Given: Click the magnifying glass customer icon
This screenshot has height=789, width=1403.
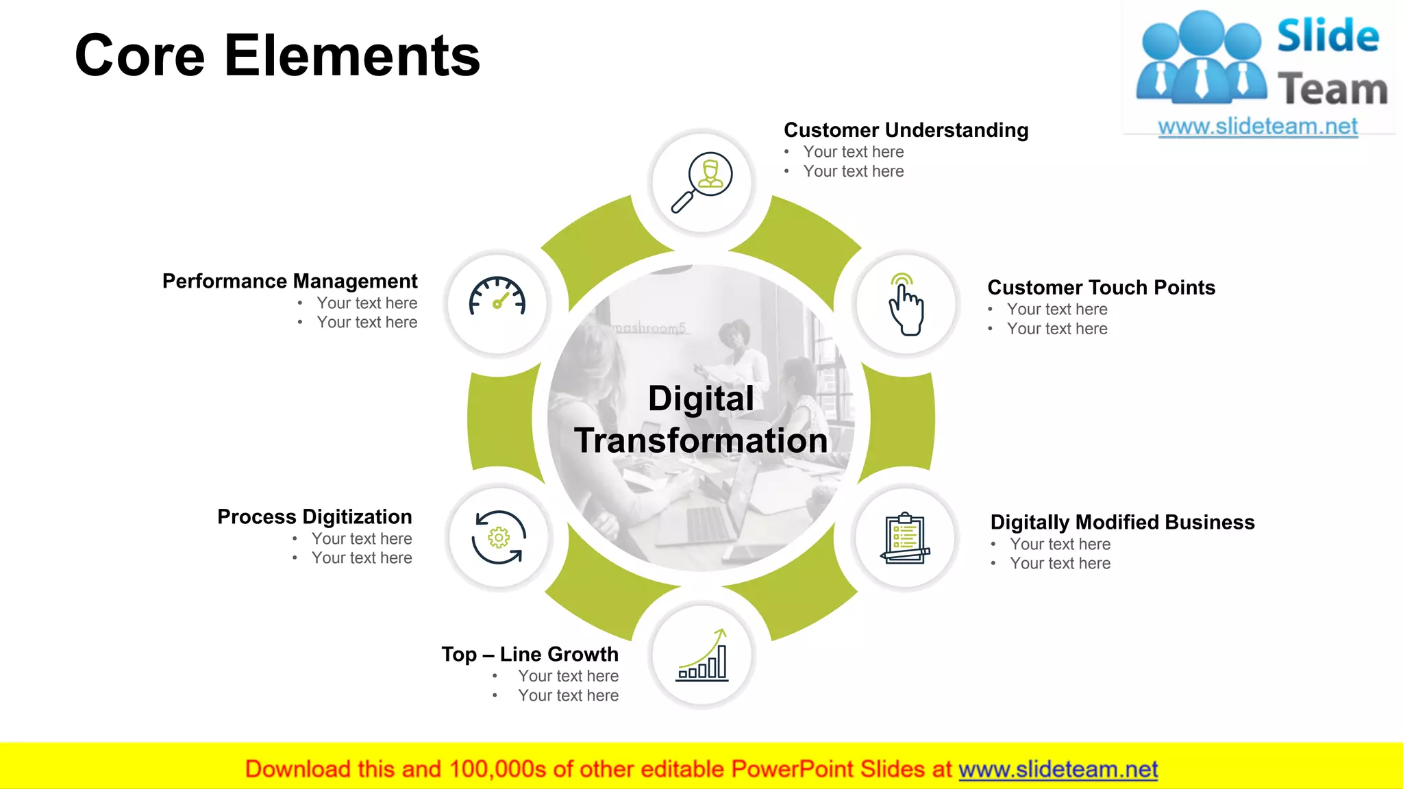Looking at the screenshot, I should pos(702,181).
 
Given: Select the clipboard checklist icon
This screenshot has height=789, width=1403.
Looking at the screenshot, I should pos(906,538).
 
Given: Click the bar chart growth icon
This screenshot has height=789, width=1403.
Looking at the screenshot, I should pos(702,655).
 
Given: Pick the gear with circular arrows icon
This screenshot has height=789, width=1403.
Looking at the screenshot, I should pos(499,538).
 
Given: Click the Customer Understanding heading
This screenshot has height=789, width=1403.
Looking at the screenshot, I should pos(906,130).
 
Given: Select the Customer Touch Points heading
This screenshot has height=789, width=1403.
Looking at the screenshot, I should pos(1101,288).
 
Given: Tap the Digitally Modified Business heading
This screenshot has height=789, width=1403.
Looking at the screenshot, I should pos(1122,523).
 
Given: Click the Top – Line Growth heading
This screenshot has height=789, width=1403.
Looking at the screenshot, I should pos(530,655).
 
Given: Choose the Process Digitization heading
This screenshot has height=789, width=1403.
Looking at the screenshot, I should pos(314,517).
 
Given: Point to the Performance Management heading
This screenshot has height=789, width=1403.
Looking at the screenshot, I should pos(290,281).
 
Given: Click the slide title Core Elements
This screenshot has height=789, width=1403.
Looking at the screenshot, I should pos(277,55).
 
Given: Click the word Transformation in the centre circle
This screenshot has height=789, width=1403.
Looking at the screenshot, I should pos(701,440).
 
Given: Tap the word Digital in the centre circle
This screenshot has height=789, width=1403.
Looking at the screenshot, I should pos(701,399).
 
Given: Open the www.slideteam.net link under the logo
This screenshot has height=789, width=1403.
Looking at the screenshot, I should pos(1258,127).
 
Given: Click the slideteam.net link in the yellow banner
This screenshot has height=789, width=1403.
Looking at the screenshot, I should pos(1058,770).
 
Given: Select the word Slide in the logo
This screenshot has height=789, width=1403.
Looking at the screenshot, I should pos(1328,36).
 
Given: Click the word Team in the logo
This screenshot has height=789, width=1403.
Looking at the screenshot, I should pos(1332,90).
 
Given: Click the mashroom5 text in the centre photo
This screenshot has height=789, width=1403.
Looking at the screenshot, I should pos(649,328).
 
